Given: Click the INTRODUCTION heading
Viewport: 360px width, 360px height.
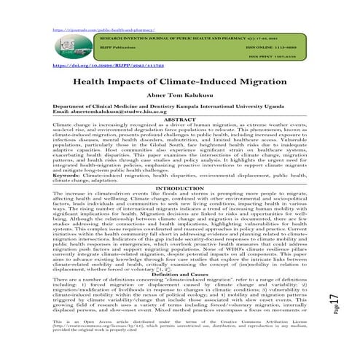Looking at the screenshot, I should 179,189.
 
